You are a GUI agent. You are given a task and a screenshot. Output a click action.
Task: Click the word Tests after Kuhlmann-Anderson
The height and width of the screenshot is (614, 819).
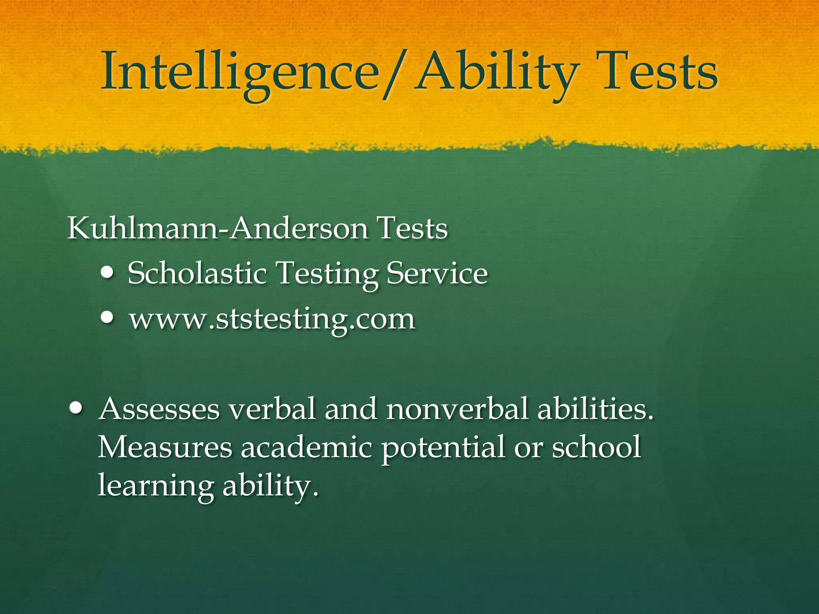pos(413,229)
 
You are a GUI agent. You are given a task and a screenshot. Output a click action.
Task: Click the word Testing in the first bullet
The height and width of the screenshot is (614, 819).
pos(328,274)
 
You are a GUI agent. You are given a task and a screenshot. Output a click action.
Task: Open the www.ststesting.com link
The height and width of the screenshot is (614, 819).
pos(272,320)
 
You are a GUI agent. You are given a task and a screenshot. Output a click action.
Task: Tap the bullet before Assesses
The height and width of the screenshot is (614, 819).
pos(76,409)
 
